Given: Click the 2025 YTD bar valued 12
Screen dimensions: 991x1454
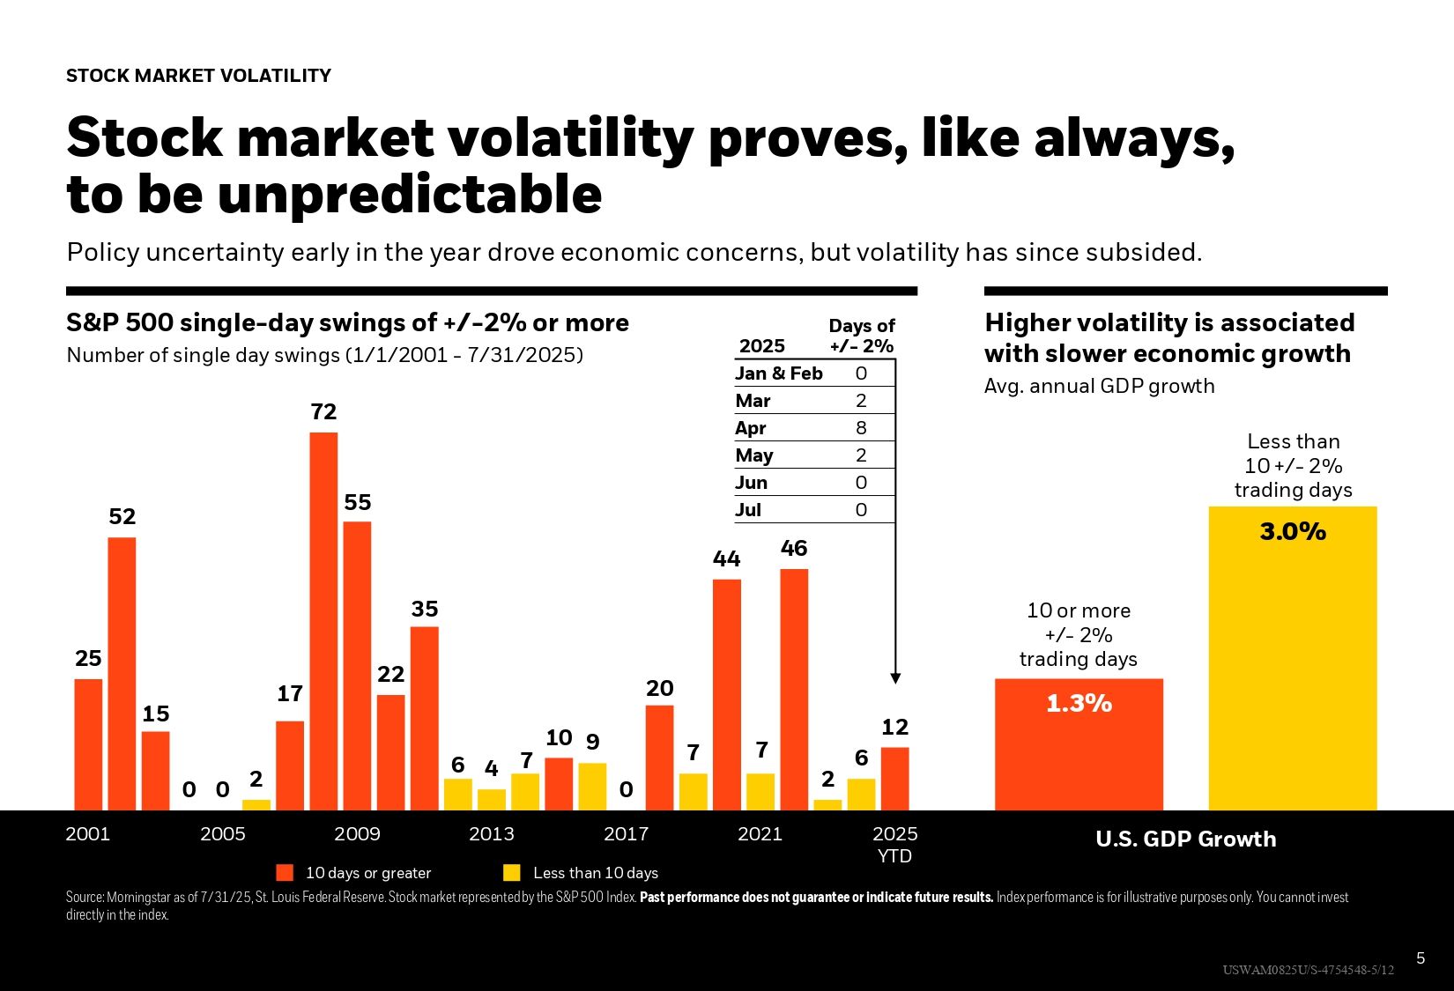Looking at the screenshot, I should pyautogui.click(x=894, y=779).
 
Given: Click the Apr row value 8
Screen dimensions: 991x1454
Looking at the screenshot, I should pyautogui.click(x=861, y=428).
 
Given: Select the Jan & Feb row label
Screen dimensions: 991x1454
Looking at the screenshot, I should pyautogui.click(x=779, y=373).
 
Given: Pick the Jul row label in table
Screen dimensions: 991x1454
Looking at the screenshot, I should pyautogui.click(x=748, y=510).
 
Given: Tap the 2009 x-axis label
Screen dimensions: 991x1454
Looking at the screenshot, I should pyautogui.click(x=357, y=834).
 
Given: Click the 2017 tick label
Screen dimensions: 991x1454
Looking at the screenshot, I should pyautogui.click(x=626, y=834).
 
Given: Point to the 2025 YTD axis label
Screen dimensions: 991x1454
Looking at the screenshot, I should pyautogui.click(x=894, y=844).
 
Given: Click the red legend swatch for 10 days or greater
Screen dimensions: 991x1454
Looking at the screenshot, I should pyautogui.click(x=285, y=873).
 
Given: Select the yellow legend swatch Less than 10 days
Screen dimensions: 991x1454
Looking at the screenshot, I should pyautogui.click(x=511, y=873).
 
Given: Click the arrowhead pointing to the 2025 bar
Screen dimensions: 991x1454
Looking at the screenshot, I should pyautogui.click(x=895, y=678).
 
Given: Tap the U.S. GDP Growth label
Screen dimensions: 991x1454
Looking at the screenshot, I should pyautogui.click(x=1185, y=839).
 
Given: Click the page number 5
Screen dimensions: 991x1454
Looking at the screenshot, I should pyautogui.click(x=1421, y=958).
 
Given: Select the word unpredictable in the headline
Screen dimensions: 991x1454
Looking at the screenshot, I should pyautogui.click(x=410, y=195).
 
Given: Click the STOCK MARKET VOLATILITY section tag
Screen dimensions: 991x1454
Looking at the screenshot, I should pyautogui.click(x=198, y=76).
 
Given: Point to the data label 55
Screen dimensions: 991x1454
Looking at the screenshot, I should pyautogui.click(x=357, y=502).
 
